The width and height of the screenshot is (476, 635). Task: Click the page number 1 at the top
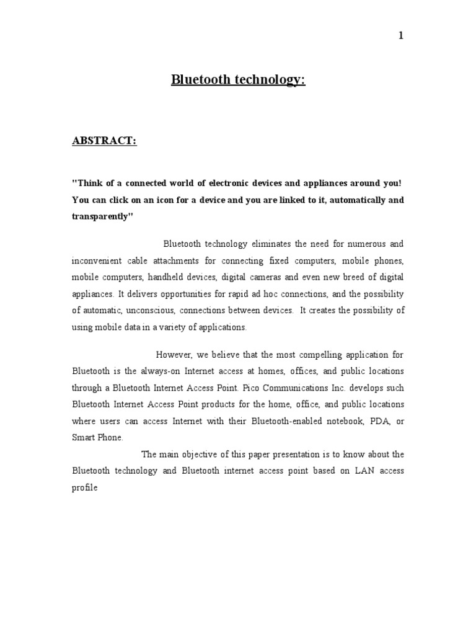click(x=401, y=36)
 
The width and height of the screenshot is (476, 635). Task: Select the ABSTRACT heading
click(x=104, y=141)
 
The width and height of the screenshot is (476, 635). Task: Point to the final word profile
click(x=86, y=487)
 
